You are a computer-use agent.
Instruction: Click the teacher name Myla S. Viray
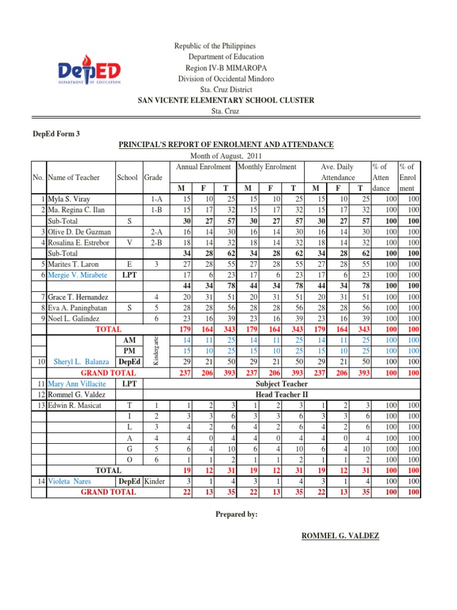pyautogui.click(x=70, y=198)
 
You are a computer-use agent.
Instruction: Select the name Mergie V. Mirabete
pyautogui.click(x=77, y=275)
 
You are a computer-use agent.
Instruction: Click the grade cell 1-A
pyautogui.click(x=157, y=198)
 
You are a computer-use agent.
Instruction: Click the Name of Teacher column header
pyautogui.click(x=74, y=177)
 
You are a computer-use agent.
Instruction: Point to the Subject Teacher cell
pyautogui.click(x=281, y=384)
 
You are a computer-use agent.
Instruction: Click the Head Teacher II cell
pyautogui.click(x=281, y=394)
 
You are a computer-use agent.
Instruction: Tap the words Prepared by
pyautogui.click(x=237, y=514)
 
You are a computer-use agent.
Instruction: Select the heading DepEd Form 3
pyautogui.click(x=56, y=133)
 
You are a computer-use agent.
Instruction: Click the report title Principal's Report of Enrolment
pyautogui.click(x=226, y=144)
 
